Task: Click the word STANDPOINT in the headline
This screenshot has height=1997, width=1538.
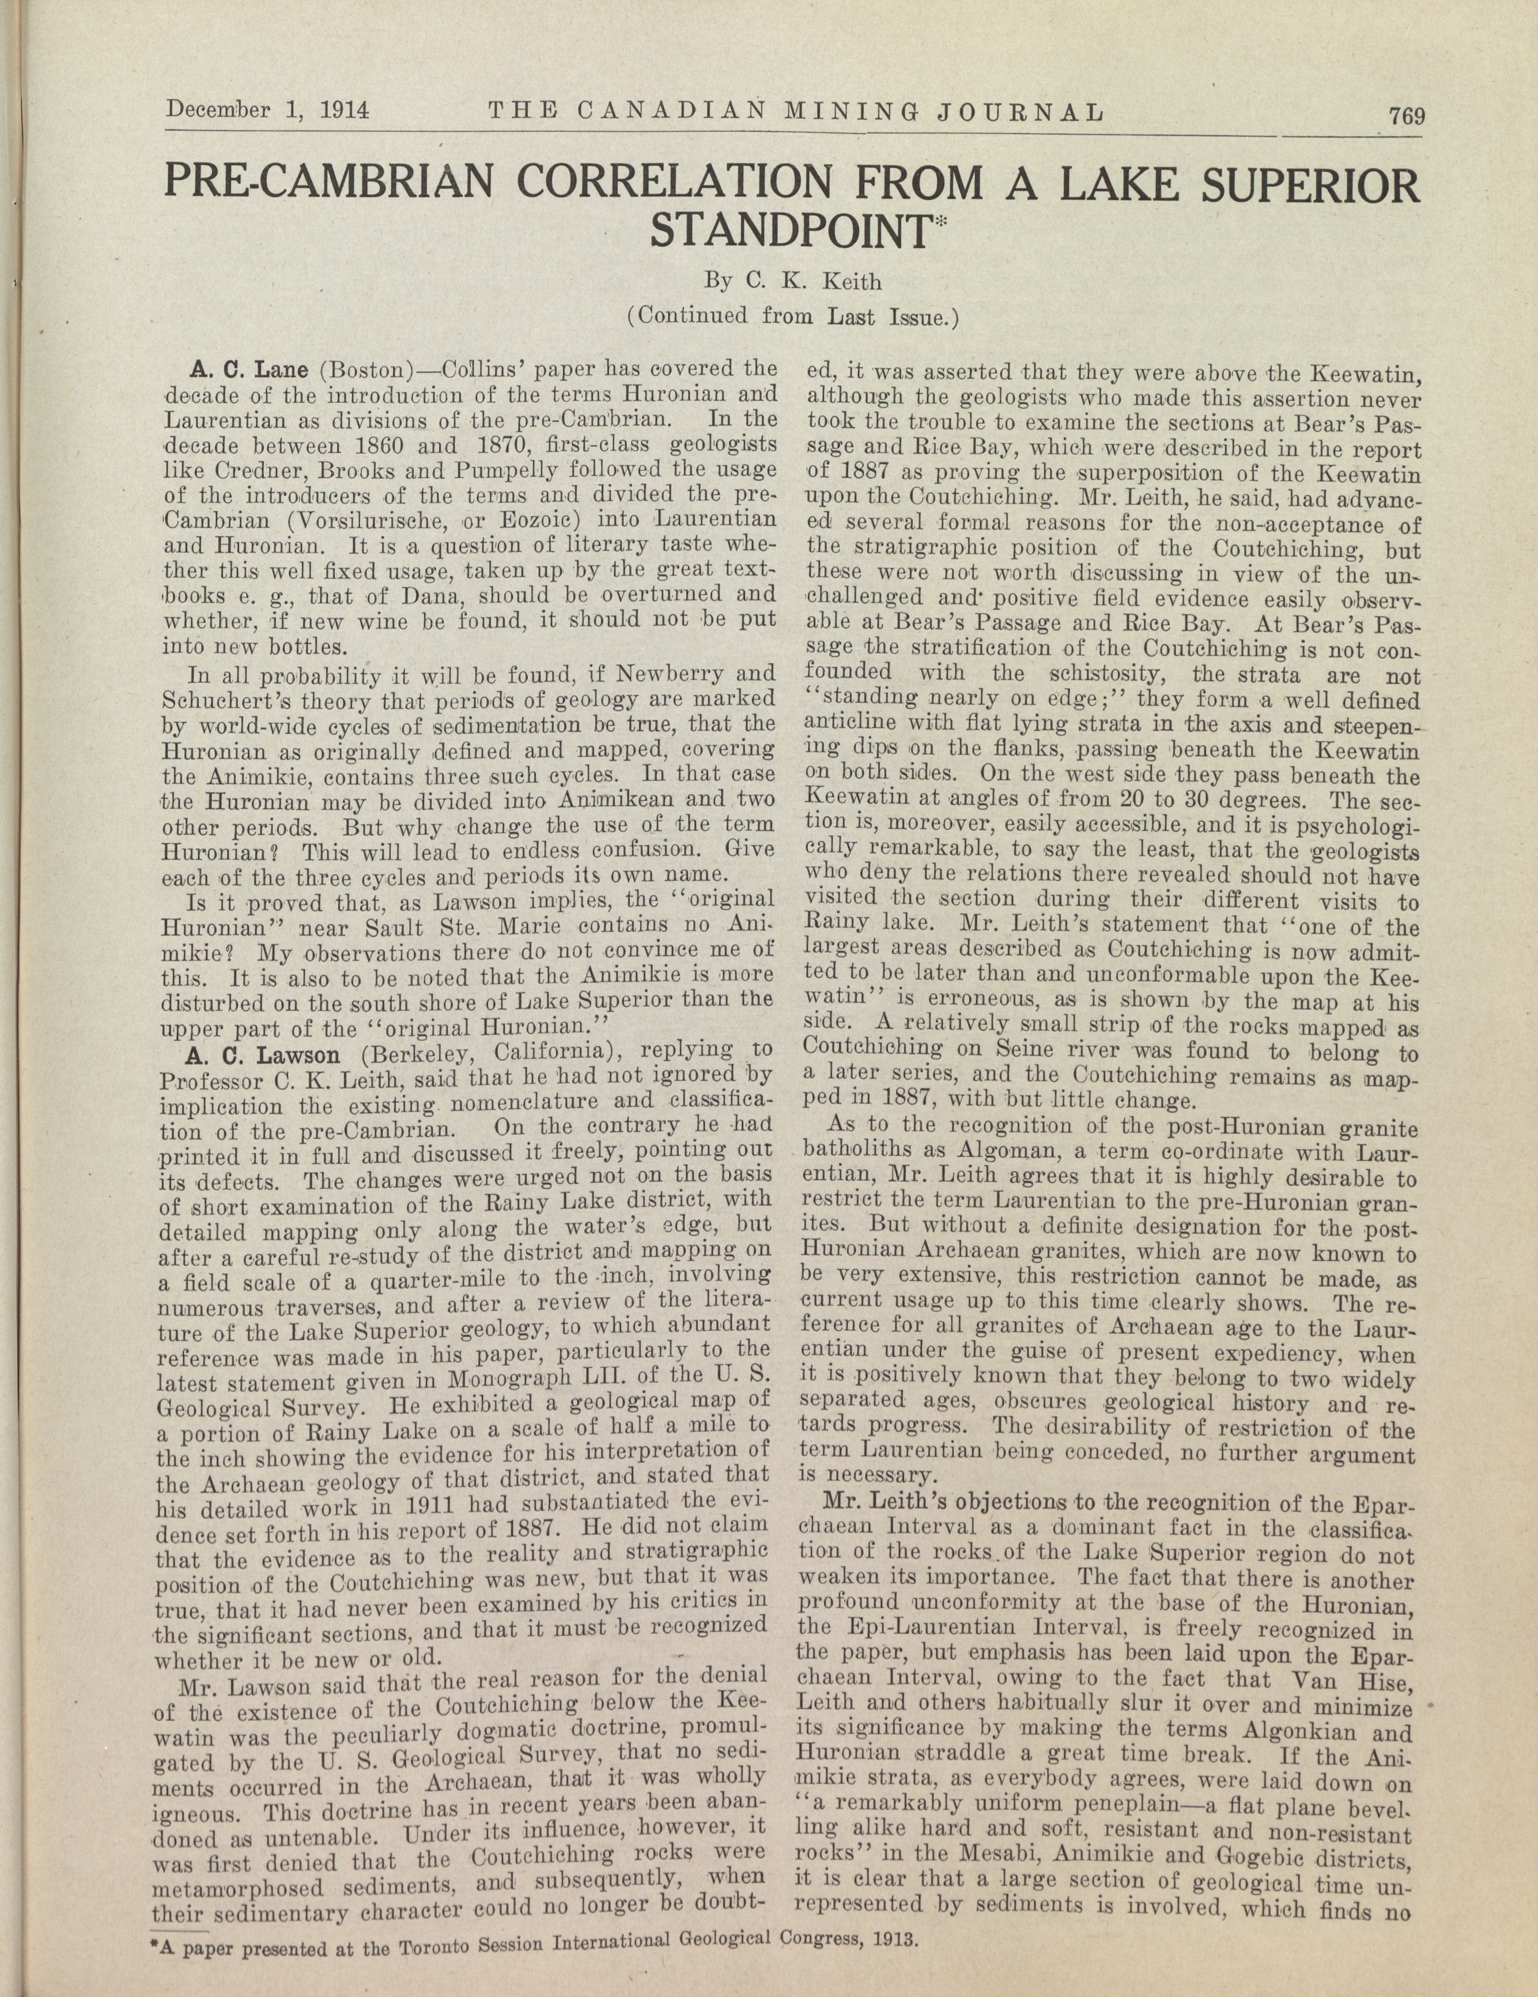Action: click(788, 232)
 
